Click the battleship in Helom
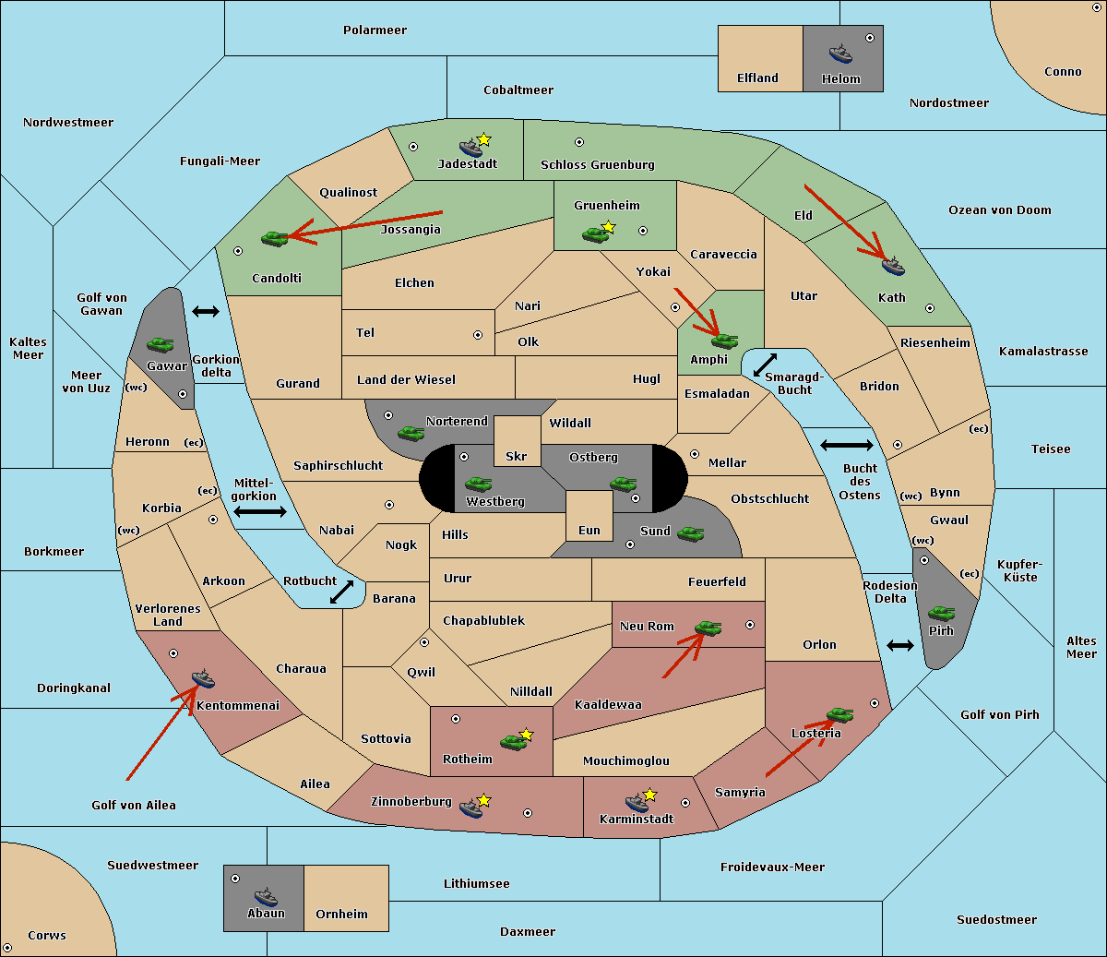(840, 54)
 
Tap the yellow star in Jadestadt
(483, 140)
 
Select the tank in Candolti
(275, 238)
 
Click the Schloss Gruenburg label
(597, 164)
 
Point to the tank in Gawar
(161, 344)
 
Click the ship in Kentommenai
(204, 678)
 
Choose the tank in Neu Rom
(708, 628)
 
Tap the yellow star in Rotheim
(526, 734)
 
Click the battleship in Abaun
(266, 896)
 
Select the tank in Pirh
(941, 613)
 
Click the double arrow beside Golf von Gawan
(206, 311)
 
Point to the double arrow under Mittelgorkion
(260, 511)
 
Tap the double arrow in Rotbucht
(342, 592)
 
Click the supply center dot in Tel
(478, 335)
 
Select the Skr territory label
(517, 456)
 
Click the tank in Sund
(690, 533)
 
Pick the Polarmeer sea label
(375, 30)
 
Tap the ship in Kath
(893, 267)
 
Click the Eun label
(589, 530)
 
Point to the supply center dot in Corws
(7, 948)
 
